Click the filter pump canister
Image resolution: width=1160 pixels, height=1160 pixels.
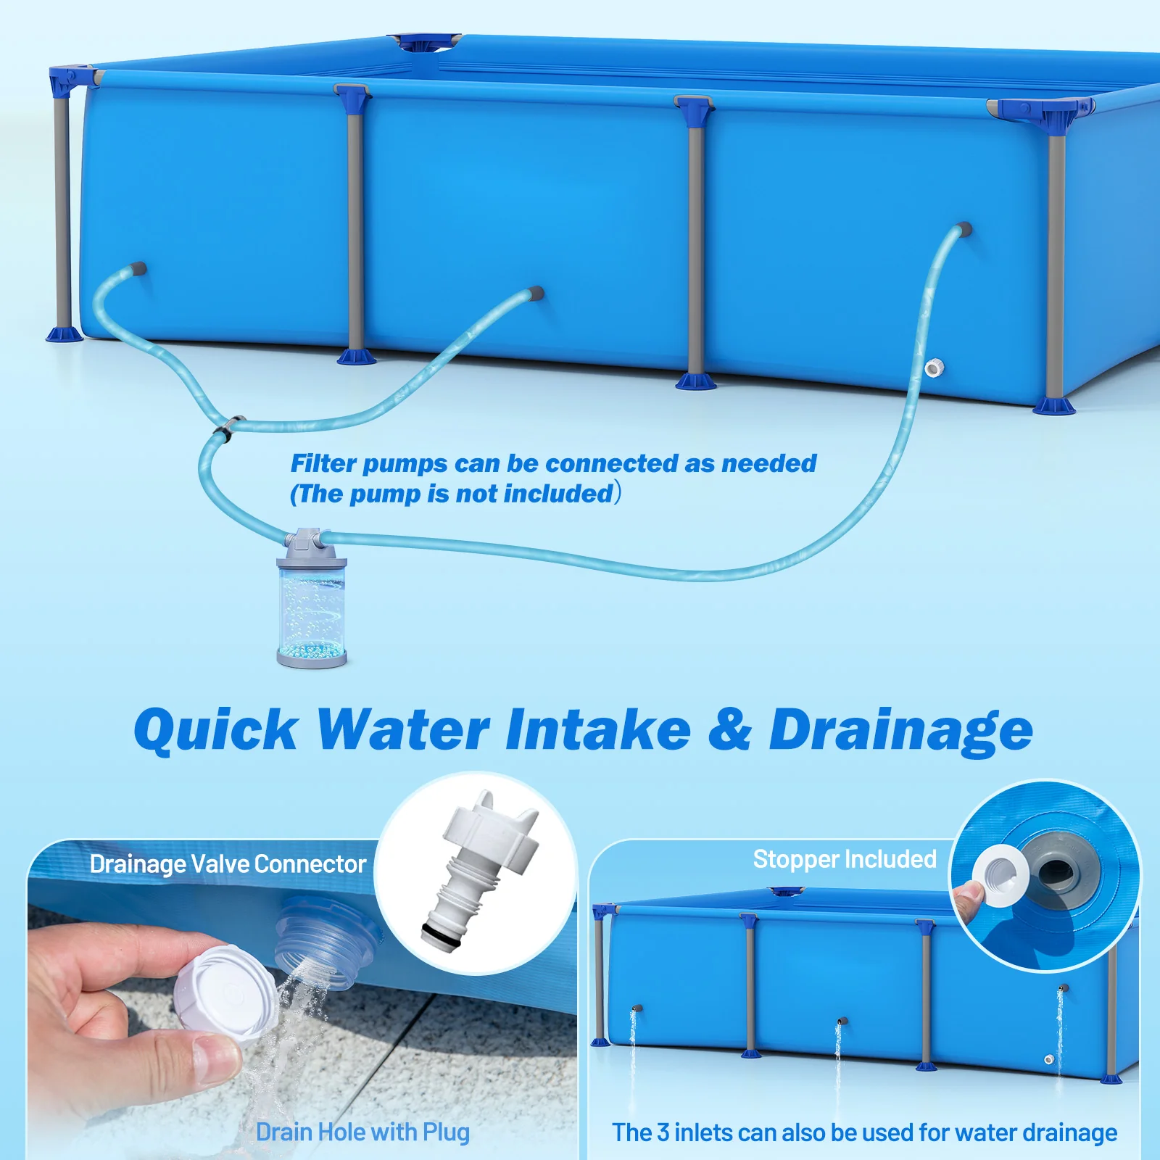point(312,602)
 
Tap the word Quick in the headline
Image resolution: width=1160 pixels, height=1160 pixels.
point(215,729)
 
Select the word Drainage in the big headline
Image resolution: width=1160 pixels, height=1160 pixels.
point(900,729)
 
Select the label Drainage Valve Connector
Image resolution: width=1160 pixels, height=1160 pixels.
point(228,864)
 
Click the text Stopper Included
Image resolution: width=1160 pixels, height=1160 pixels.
point(845,859)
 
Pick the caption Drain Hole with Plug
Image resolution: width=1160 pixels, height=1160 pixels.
point(362,1132)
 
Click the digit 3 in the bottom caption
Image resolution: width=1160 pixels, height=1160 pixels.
point(663,1132)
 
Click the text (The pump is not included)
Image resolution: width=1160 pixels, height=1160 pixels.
point(455,494)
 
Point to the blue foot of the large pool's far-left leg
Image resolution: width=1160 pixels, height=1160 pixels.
point(64,334)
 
